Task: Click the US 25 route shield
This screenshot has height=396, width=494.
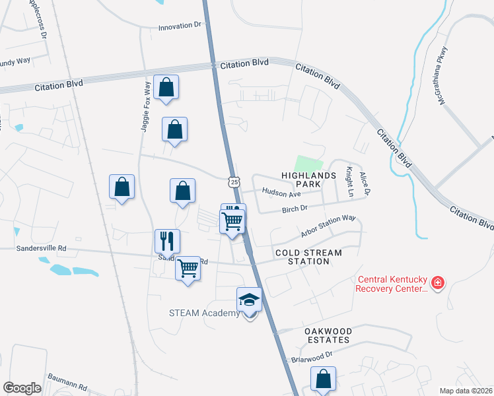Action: tap(234, 181)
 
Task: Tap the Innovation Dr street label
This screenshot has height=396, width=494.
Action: tap(179, 28)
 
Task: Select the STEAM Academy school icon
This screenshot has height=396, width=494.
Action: tap(250, 300)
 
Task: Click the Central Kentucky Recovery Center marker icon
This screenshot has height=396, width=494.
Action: tap(437, 283)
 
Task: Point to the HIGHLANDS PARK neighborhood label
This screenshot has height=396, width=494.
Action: tap(309, 180)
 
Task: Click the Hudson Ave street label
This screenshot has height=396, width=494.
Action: tap(281, 193)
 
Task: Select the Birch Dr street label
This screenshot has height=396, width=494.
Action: tap(295, 209)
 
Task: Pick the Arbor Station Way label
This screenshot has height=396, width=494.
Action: tap(328, 226)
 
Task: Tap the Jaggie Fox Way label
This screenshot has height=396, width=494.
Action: tap(146, 107)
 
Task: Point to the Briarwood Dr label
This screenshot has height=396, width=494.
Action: tap(313, 356)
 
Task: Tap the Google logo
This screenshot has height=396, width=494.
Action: tap(22, 388)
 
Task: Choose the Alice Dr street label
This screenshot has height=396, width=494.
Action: tap(363, 183)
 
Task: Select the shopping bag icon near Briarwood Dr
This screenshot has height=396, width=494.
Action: tap(324, 380)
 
